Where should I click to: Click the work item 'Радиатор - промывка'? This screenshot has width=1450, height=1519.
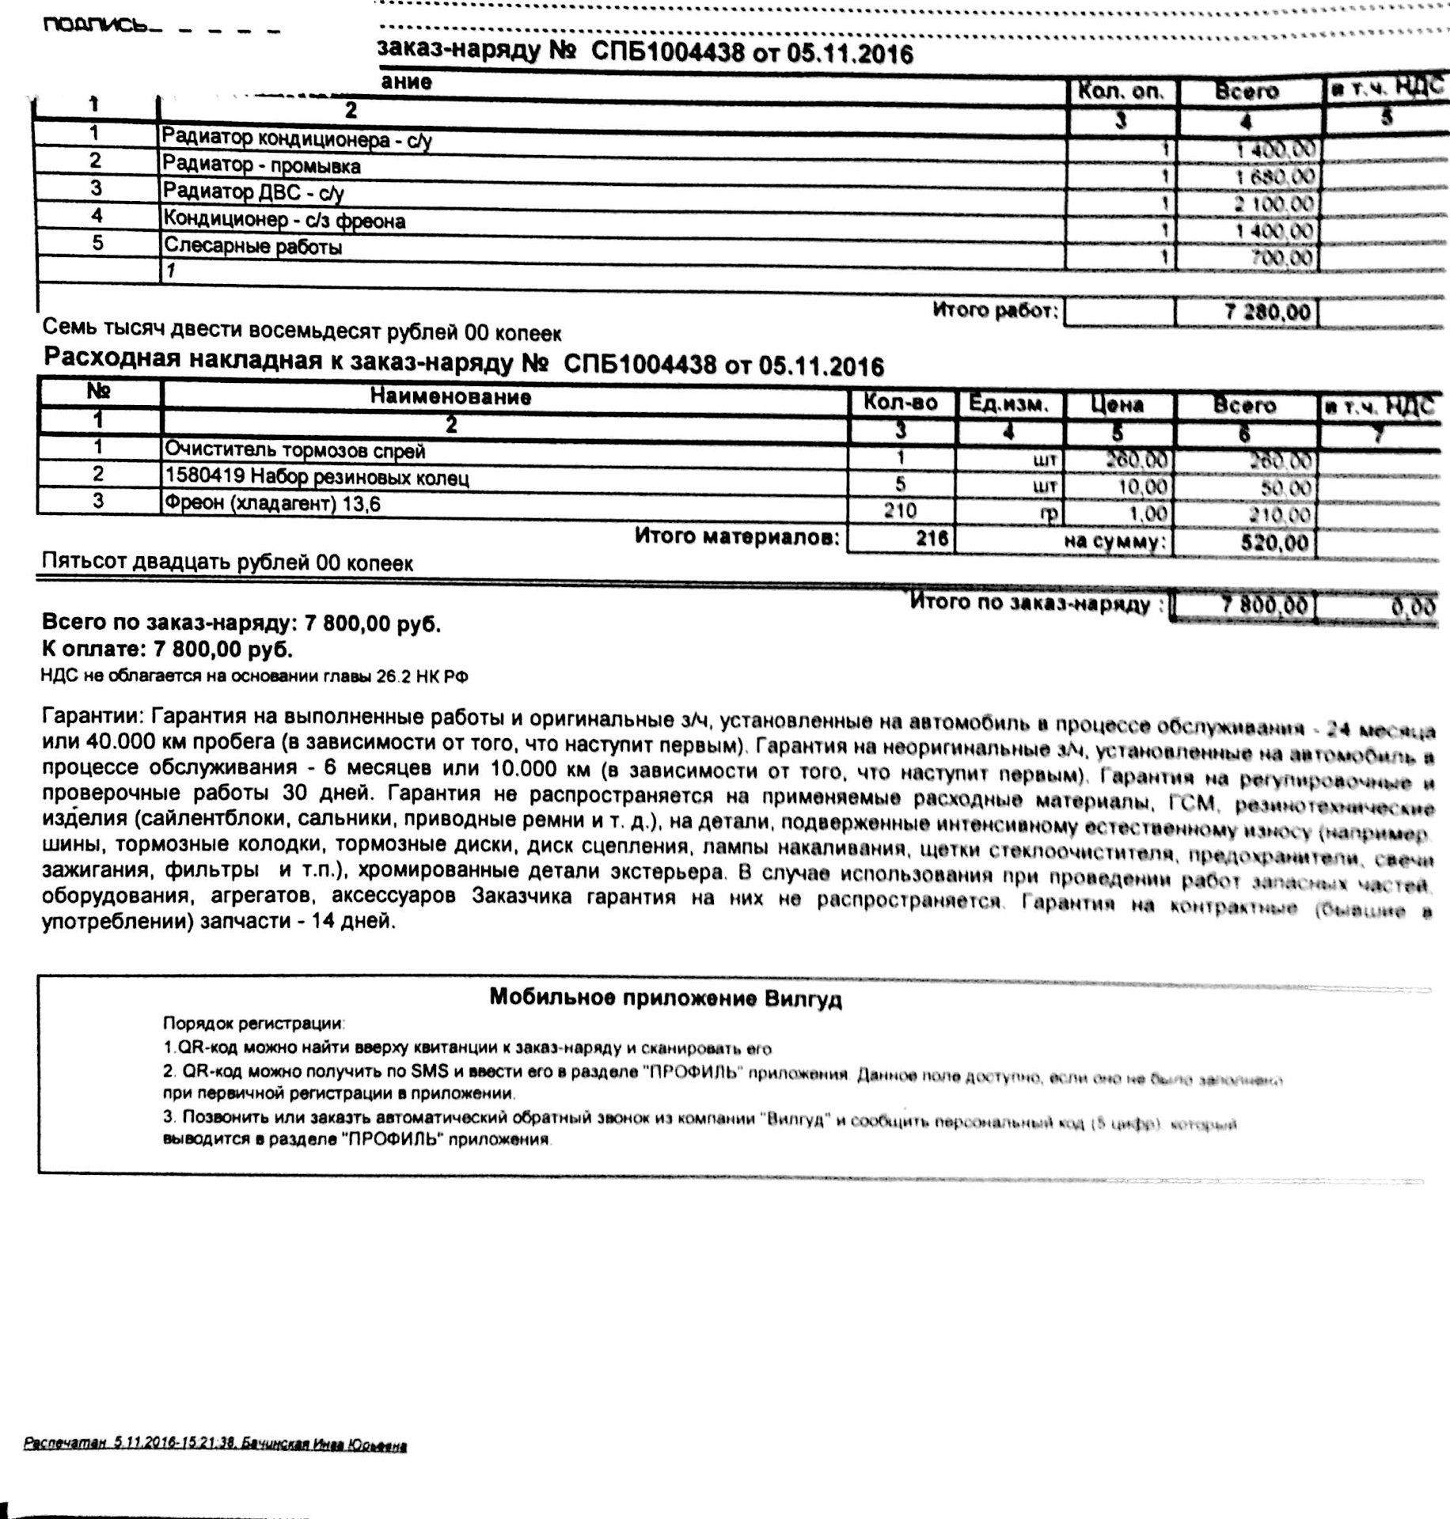[x=261, y=165]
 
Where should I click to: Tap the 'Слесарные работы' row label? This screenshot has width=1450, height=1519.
[x=252, y=247]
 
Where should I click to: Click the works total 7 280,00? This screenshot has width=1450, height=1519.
[x=1266, y=312]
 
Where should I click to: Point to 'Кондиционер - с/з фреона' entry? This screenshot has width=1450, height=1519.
[x=284, y=220]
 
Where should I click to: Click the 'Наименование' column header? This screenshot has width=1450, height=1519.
[x=450, y=396]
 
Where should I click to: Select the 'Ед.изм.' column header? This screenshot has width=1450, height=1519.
[x=1008, y=405]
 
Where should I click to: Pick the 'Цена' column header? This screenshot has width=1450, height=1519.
[x=1117, y=405]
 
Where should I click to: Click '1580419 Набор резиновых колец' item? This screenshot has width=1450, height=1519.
[x=317, y=478]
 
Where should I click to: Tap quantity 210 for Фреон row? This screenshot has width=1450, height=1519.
[x=900, y=510]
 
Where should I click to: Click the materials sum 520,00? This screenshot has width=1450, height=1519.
[x=1273, y=543]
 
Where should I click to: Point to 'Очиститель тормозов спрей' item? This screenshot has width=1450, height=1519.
[x=294, y=450]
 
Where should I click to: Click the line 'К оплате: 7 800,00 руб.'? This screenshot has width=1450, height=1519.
[x=167, y=650]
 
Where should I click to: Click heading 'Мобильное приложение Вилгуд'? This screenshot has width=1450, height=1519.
[x=665, y=998]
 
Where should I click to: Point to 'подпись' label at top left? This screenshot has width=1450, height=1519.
[x=95, y=25]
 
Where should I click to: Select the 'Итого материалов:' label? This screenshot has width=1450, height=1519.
[x=736, y=537]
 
